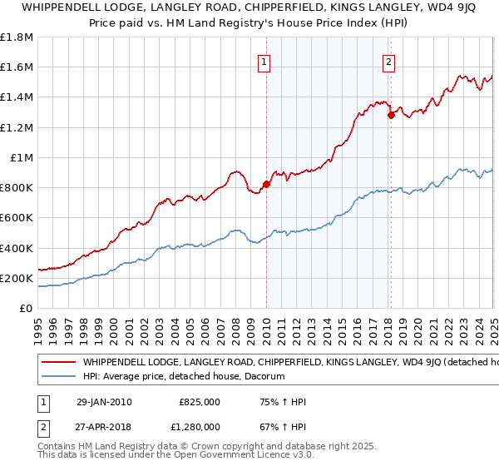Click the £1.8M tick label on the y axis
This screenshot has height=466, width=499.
point(17,37)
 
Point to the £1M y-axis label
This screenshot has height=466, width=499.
point(22,157)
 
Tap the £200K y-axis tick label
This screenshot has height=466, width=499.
point(17,278)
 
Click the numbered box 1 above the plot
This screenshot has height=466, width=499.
point(264,61)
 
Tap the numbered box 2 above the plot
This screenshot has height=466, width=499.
point(388,61)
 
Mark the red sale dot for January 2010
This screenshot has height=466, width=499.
point(266,184)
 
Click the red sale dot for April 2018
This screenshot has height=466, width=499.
point(391,116)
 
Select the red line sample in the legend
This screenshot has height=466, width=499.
point(58,363)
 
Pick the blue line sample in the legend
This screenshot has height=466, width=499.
point(58,377)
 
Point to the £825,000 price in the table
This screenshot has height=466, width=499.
point(200,402)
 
